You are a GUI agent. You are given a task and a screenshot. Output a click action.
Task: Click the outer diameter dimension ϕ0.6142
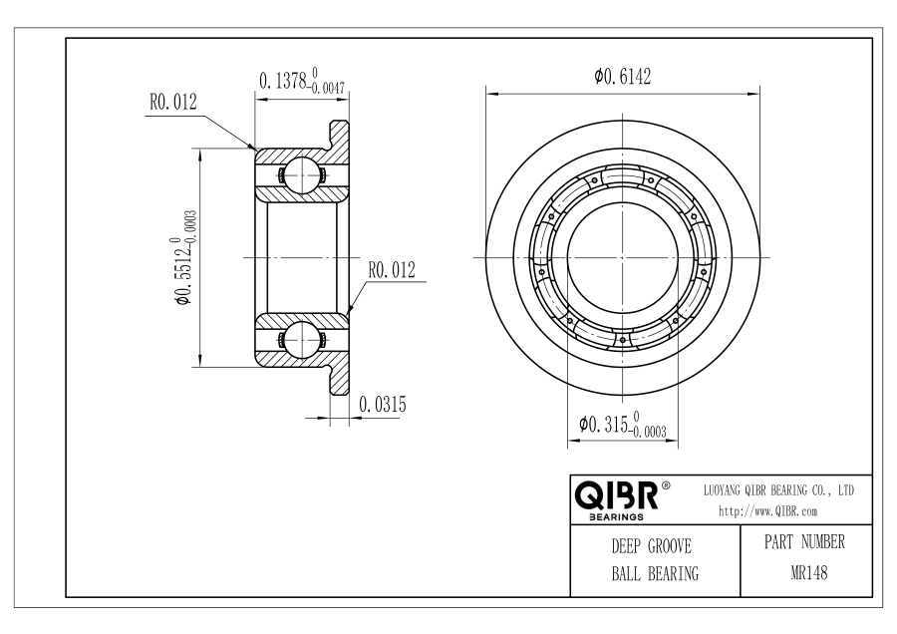[x=622, y=76]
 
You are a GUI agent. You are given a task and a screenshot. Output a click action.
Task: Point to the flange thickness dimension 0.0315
[x=382, y=405]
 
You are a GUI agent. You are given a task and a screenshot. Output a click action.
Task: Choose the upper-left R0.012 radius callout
[x=172, y=102]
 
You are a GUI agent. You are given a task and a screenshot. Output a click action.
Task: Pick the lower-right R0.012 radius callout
[x=392, y=270]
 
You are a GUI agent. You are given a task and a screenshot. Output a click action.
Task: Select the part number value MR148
[x=809, y=573]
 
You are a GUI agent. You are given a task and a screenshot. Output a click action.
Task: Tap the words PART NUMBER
[x=804, y=542]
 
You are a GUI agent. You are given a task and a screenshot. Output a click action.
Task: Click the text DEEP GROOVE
[x=651, y=546]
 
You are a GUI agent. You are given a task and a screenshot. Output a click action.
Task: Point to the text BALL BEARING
[x=655, y=573]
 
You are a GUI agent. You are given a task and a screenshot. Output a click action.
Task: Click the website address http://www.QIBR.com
[x=767, y=511]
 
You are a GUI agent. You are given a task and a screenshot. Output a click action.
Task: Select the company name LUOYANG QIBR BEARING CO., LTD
[x=778, y=490]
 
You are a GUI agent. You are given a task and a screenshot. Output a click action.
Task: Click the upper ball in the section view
[x=301, y=174]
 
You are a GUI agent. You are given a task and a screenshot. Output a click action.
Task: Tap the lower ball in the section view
[x=301, y=339]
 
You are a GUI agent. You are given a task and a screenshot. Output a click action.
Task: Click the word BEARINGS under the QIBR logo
[x=616, y=517]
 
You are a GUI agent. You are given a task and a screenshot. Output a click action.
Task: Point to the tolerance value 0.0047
[x=328, y=88]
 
